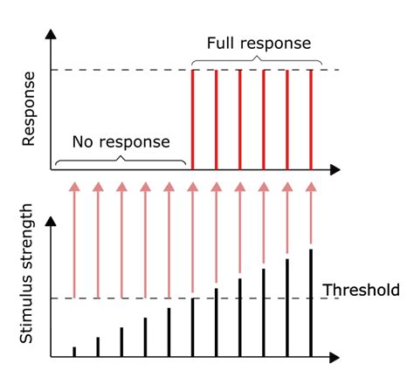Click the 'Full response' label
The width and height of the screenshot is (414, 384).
coord(259,43)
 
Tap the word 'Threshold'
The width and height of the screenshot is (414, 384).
coord(361,290)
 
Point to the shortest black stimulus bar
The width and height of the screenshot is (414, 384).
coord(74,351)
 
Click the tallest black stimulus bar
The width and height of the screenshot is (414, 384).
coord(311,303)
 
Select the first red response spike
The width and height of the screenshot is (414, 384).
coord(192,118)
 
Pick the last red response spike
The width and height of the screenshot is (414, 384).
coord(311,118)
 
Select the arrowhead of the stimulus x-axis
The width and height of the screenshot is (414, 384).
coord(335,357)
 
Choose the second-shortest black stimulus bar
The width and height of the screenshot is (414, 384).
coord(98,346)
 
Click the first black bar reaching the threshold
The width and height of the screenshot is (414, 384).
coord(192,327)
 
